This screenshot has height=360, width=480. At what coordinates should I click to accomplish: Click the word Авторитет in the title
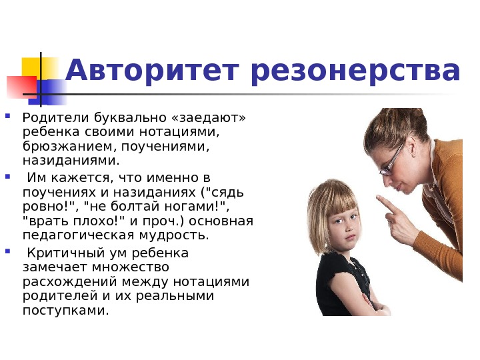(x=152, y=71)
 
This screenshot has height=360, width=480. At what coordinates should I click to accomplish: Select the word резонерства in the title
(x=355, y=71)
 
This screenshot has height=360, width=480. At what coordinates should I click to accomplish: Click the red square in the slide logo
(x=21, y=87)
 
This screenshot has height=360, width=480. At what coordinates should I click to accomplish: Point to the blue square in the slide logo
(x=51, y=92)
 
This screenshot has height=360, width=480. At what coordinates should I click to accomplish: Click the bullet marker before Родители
(x=7, y=116)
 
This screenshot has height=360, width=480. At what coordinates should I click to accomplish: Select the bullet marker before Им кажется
(x=7, y=176)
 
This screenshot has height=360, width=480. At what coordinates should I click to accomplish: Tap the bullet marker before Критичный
(x=7, y=251)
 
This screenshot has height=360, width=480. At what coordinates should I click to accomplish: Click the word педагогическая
(x=79, y=235)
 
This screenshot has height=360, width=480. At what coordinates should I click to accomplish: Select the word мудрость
(x=174, y=235)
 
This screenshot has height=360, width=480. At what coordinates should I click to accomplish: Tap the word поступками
(x=66, y=311)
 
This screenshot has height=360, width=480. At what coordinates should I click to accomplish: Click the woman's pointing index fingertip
(x=379, y=198)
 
